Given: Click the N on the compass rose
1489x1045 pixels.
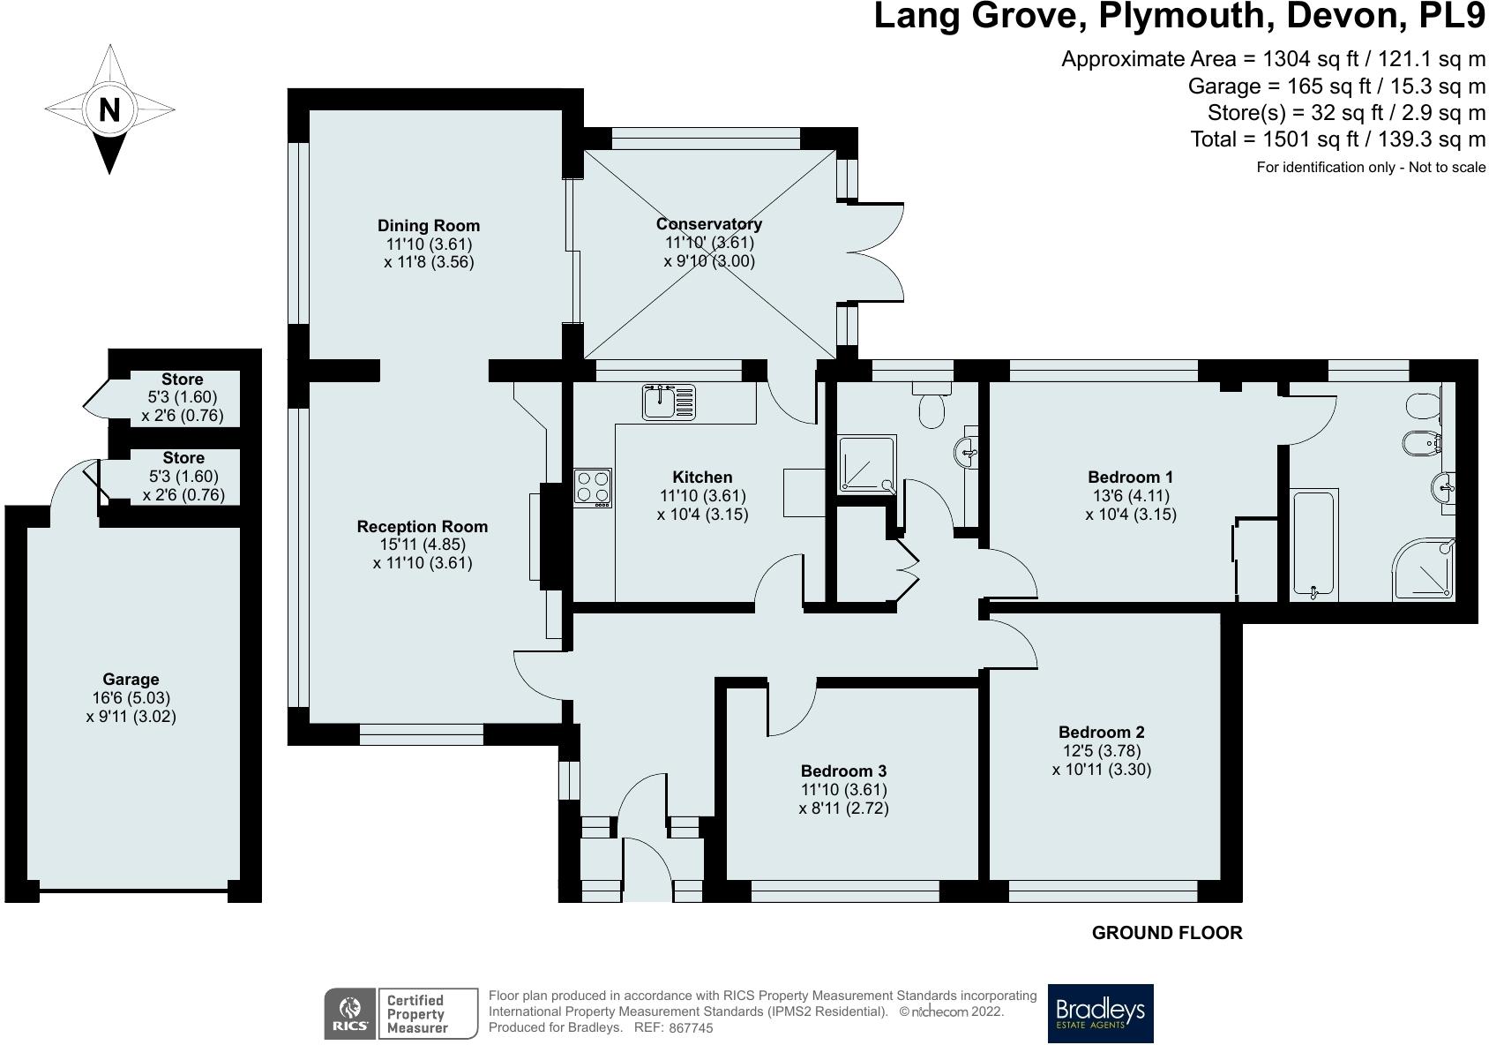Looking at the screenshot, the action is (109, 109).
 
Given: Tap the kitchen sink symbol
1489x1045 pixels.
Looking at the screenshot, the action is (669, 402).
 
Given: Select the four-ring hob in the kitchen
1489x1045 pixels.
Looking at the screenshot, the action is (592, 488).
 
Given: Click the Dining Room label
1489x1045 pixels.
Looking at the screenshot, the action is (429, 225).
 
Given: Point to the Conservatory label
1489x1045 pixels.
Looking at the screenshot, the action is (708, 224).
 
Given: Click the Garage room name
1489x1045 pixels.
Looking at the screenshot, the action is (131, 679).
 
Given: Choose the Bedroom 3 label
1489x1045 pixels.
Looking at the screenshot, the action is (843, 771).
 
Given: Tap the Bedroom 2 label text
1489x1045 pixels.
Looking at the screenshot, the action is (1102, 733).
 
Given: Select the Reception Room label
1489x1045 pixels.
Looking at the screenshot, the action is (423, 527).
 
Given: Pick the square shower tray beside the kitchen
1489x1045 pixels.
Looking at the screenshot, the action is (867, 464).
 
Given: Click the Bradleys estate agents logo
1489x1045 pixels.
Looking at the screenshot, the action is (1100, 1013).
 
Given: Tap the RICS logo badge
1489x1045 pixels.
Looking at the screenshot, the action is (349, 1013).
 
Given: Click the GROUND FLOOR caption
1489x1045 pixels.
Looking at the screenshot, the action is (1167, 933).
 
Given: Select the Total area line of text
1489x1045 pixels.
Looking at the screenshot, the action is (1337, 139).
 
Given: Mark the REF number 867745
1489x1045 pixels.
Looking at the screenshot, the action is (691, 1027).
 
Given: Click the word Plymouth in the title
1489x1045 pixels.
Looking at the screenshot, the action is (1186, 16).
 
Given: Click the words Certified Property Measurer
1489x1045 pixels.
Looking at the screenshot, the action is (416, 1014).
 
